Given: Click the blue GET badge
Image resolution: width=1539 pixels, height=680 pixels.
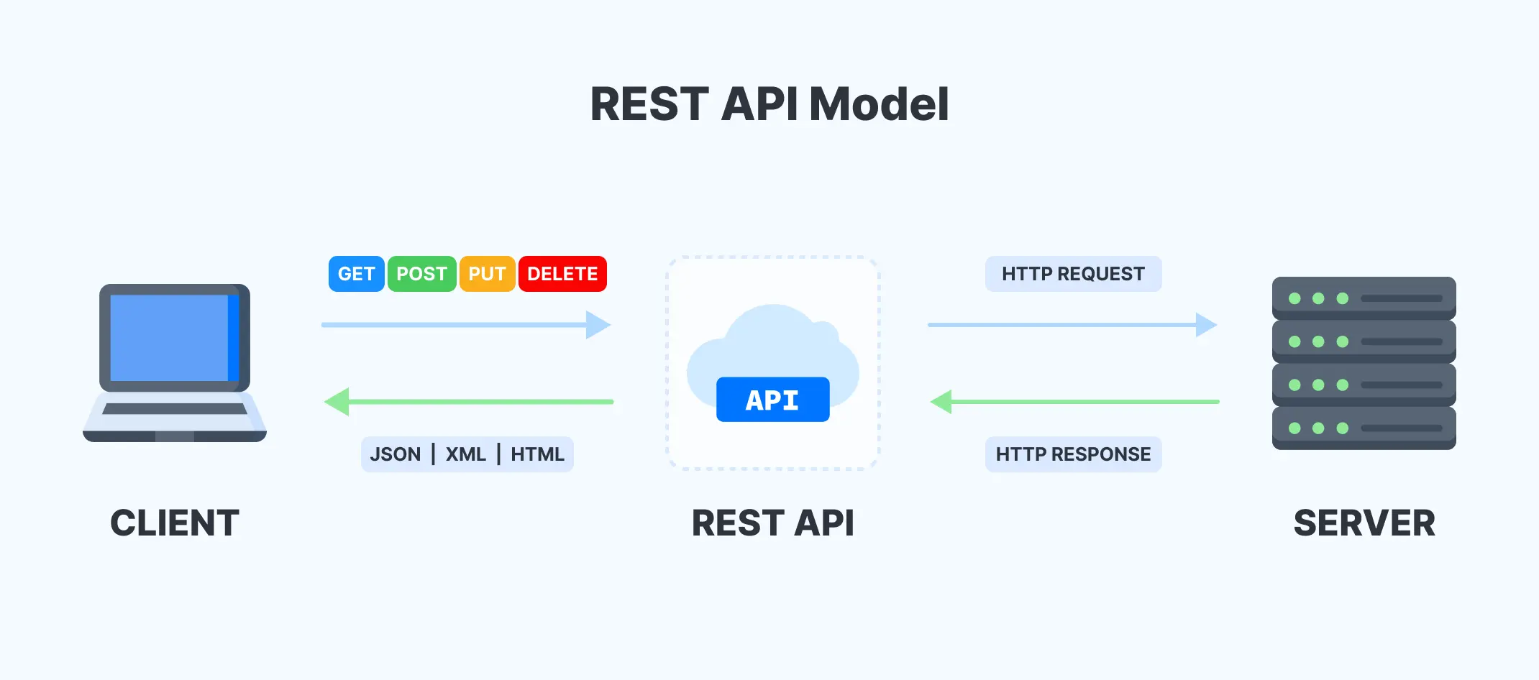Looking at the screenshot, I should click(356, 274).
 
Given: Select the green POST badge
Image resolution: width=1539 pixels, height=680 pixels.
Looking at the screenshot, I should click(421, 274).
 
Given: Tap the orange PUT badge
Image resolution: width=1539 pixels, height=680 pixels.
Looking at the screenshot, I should click(487, 274).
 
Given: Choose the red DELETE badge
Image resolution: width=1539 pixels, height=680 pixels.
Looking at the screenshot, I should click(562, 274).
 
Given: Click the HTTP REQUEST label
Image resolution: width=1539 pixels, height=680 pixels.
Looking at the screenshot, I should click(1073, 274).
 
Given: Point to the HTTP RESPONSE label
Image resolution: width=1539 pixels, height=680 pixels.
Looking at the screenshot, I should click(1073, 454).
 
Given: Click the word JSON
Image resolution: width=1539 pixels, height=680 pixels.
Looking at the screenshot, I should click(395, 454).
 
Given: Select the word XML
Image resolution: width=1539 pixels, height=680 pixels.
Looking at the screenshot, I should click(465, 454).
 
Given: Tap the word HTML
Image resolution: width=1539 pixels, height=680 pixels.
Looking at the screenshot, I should click(537, 454).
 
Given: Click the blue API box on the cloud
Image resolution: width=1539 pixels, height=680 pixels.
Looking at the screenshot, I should click(772, 400).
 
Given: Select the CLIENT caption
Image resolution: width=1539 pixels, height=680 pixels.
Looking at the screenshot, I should click(175, 523).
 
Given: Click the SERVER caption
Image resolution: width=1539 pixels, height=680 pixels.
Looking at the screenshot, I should click(1364, 523).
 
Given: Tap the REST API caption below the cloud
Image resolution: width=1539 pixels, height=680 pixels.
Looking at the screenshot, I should click(772, 523).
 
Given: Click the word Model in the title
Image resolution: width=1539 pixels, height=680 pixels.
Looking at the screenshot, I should click(879, 104).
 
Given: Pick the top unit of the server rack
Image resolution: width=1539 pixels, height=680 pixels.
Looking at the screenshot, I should click(1364, 298).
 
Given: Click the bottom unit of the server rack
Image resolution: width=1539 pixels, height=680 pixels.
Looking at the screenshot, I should click(1364, 428).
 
